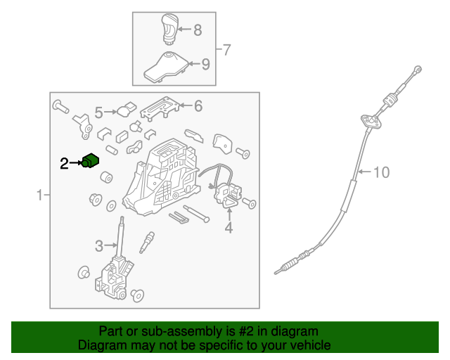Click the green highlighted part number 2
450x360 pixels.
click(x=90, y=161)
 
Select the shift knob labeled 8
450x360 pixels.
click(x=170, y=29)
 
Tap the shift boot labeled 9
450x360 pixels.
click(x=167, y=67)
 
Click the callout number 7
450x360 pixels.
click(x=226, y=50)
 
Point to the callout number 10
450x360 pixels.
click(x=381, y=172)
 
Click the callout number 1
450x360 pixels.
click(x=39, y=195)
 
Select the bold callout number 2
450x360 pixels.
click(x=64, y=163)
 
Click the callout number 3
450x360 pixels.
click(x=99, y=246)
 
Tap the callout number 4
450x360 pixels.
click(x=229, y=227)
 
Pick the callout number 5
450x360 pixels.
click(x=98, y=112)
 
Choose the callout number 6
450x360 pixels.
click(x=198, y=106)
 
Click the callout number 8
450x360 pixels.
click(x=198, y=30)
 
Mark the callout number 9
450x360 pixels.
click(x=205, y=64)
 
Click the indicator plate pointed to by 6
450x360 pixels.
click(x=160, y=108)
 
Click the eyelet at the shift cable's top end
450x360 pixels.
click(x=418, y=69)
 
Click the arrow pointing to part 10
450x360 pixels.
click(x=365, y=172)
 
